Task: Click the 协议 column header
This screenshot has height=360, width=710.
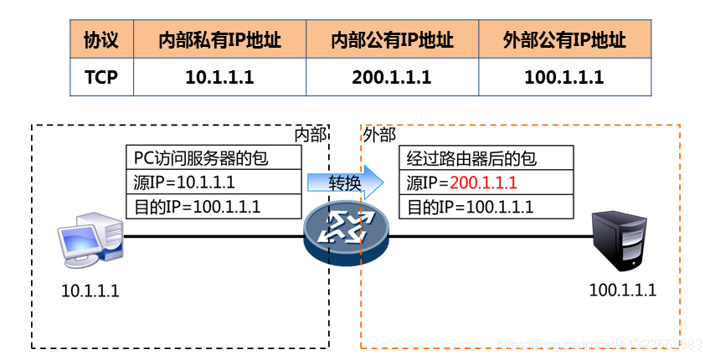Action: [x=101, y=40]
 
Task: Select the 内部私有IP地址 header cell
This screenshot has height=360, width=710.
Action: [x=219, y=40]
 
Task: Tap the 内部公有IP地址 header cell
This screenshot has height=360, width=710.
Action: [x=392, y=40]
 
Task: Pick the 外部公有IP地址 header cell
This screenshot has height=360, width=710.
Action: [x=564, y=40]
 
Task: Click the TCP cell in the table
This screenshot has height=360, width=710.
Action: [x=101, y=77]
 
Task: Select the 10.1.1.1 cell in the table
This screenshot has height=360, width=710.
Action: [x=219, y=77]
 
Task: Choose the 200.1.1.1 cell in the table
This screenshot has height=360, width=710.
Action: [x=392, y=77]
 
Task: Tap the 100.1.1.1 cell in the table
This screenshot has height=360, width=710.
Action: [x=564, y=77]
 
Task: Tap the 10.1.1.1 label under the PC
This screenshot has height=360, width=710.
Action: [x=90, y=291]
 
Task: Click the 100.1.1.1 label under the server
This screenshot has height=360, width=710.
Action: [x=623, y=291]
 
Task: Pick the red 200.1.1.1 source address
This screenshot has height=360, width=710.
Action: [x=483, y=183]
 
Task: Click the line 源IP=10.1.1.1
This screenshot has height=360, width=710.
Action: [x=183, y=183]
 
